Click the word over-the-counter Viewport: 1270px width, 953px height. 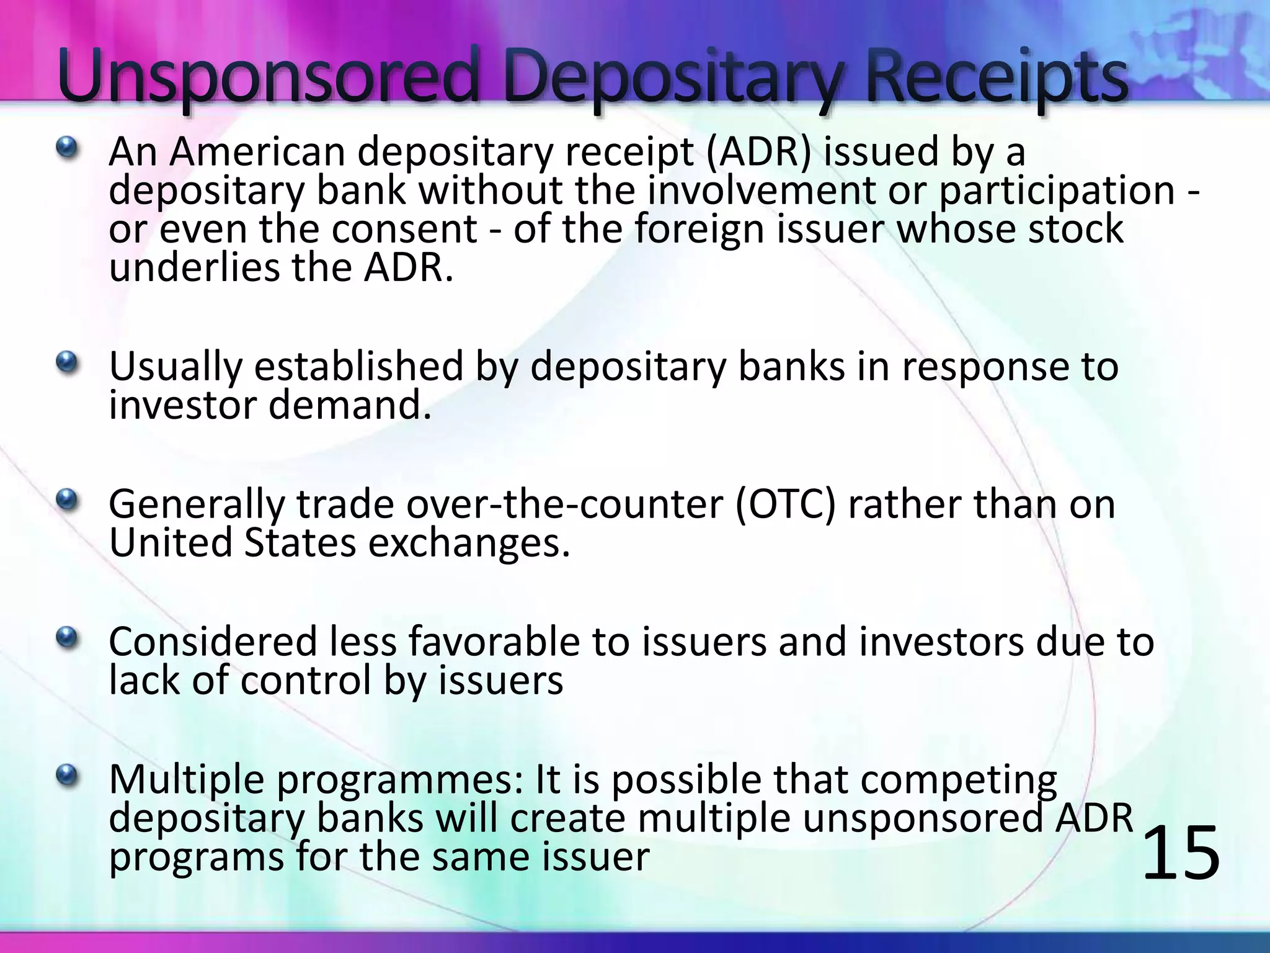coord(564,504)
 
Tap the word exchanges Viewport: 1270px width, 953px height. coord(469,543)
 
